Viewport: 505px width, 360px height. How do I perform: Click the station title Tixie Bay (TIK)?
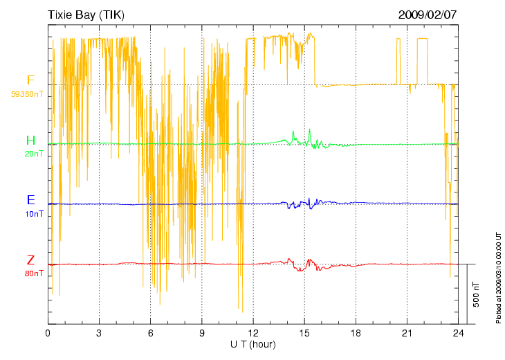[86, 15]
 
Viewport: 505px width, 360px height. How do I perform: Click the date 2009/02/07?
[428, 15]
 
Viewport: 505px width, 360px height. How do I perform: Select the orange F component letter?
[30, 80]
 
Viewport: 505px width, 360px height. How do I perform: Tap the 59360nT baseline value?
[28, 93]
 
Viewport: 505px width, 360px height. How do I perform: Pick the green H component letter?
[30, 141]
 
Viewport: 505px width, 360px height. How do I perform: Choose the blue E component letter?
[30, 200]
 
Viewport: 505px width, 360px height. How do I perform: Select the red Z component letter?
[30, 260]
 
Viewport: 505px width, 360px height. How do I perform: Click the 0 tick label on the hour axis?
[48, 333]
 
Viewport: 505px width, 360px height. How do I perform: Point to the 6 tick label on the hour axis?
[150, 333]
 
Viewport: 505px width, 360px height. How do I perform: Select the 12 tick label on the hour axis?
[253, 333]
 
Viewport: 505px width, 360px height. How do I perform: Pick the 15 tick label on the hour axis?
[304, 333]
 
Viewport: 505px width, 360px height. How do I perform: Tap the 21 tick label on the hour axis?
[407, 333]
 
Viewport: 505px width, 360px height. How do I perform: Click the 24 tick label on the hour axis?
[459, 333]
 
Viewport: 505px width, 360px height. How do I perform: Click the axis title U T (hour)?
[253, 344]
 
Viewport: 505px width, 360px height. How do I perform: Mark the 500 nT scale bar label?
[477, 294]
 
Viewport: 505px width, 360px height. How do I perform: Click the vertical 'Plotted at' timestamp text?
[498, 277]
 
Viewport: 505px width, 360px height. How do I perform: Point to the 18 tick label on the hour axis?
[356, 333]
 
